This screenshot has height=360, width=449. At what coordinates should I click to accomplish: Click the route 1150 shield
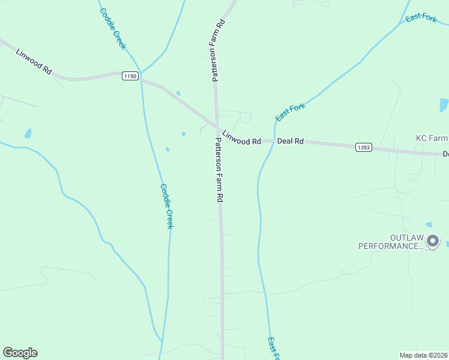pyautogui.click(x=130, y=76)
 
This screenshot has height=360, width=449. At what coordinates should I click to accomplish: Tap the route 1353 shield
pyautogui.click(x=363, y=147)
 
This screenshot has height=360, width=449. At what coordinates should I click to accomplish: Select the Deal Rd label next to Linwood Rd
pyautogui.click(x=291, y=142)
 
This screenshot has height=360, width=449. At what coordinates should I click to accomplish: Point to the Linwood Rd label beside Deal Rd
pyautogui.click(x=241, y=137)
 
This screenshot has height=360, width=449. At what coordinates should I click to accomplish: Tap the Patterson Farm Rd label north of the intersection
pyautogui.click(x=217, y=50)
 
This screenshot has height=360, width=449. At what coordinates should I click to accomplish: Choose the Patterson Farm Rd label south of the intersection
pyautogui.click(x=220, y=169)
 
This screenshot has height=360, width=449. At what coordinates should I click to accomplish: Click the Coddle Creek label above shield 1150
pyautogui.click(x=113, y=28)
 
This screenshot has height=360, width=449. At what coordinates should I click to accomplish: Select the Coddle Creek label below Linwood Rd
pyautogui.click(x=166, y=206)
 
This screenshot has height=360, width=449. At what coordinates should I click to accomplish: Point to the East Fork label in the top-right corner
pyautogui.click(x=421, y=18)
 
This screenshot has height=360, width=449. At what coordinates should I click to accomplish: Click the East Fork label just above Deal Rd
pyautogui.click(x=291, y=112)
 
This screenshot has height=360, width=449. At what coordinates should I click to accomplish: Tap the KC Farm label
pyautogui.click(x=432, y=138)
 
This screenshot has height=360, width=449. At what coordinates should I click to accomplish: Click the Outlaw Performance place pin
pyautogui.click(x=433, y=242)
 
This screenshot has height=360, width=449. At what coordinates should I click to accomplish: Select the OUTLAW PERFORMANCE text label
pyautogui.click(x=391, y=242)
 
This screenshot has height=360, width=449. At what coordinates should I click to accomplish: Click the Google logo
pyautogui.click(x=20, y=353)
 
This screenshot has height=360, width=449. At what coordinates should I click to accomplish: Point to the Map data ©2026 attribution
pyautogui.click(x=423, y=355)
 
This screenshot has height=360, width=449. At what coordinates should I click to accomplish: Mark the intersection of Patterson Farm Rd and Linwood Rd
pyautogui.click(x=217, y=127)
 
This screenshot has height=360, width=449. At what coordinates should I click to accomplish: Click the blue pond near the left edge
pyautogui.click(x=28, y=133)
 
